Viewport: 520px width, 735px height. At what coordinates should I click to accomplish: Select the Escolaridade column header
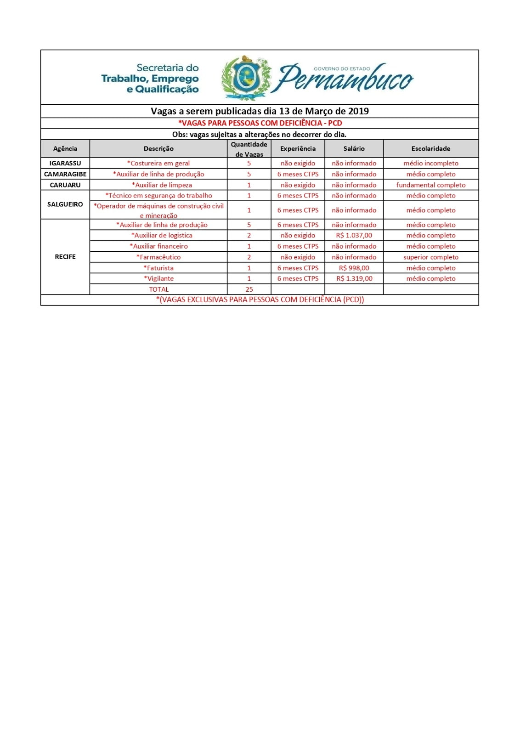[x=430, y=149]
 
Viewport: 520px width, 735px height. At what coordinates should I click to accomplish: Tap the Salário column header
[x=354, y=149]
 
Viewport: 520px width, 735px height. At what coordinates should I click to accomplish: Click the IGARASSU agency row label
[x=65, y=163]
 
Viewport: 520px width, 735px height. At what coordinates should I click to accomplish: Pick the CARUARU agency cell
[x=65, y=185]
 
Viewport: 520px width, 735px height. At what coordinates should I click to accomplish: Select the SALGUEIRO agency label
[x=65, y=204]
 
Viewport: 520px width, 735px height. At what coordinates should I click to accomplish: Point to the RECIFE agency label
[x=65, y=257]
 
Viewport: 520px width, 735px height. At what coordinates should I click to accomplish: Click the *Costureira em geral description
[x=158, y=163]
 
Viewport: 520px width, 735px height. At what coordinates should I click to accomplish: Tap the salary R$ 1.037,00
[x=354, y=235]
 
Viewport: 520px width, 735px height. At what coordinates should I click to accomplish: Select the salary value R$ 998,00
[x=354, y=268]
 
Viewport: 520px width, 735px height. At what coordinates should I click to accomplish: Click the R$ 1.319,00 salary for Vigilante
[x=354, y=278]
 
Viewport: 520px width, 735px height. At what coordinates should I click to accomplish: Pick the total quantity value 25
[x=249, y=289]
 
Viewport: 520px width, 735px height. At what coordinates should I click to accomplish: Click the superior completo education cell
[x=430, y=257]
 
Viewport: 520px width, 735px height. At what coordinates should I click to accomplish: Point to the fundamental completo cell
[x=430, y=185]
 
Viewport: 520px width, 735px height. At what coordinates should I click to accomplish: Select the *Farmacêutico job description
[x=158, y=257]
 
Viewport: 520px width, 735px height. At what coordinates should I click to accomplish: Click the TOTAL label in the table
[x=158, y=289]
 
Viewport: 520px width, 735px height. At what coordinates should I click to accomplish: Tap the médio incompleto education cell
[x=430, y=163]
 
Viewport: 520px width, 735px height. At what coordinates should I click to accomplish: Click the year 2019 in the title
[x=358, y=111]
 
